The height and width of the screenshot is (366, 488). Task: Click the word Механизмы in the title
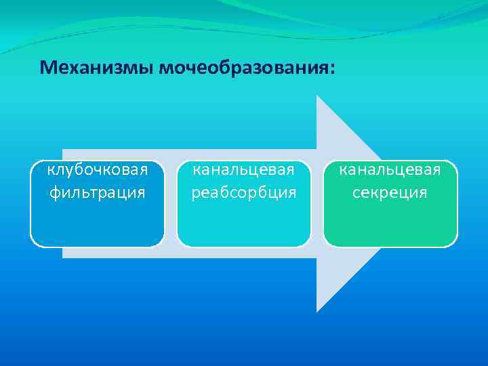(96, 68)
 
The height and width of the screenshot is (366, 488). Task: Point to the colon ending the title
(332, 69)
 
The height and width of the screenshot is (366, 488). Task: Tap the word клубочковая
(97, 169)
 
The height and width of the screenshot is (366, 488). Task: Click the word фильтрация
(97, 192)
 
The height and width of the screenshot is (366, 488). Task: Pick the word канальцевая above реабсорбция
(244, 169)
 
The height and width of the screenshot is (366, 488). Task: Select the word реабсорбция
(244, 192)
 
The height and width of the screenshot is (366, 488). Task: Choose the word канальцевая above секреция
(390, 169)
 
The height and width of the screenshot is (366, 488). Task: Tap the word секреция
(390, 192)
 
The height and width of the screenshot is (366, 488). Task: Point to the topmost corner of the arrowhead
(318, 96)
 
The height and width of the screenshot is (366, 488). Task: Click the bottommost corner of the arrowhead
(318, 311)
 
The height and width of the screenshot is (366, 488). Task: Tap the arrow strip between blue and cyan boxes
(171, 203)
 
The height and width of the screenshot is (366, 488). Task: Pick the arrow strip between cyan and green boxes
(317, 203)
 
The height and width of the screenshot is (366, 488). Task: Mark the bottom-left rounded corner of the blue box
(35, 242)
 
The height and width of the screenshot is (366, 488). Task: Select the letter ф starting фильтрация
(55, 193)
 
